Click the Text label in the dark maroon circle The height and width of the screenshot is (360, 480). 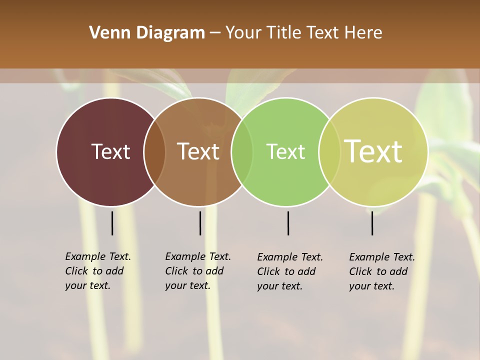pyautogui.click(x=110, y=151)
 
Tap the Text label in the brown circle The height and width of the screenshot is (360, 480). pyautogui.click(x=198, y=151)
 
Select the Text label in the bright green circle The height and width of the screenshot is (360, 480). pyautogui.click(x=285, y=151)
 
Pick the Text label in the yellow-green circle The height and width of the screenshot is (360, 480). pyautogui.click(x=373, y=151)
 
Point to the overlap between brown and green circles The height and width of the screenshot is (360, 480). pyautogui.click(x=242, y=151)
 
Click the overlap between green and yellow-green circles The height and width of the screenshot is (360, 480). pyautogui.click(x=329, y=151)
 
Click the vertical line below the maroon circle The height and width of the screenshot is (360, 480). pyautogui.click(x=112, y=223)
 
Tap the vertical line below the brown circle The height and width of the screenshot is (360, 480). pyautogui.click(x=200, y=223)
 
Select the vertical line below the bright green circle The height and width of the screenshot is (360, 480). pyautogui.click(x=288, y=223)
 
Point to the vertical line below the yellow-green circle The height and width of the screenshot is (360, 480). pyautogui.click(x=372, y=223)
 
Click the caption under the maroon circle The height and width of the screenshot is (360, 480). pyautogui.click(x=97, y=271)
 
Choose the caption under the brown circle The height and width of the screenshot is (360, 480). pyautogui.click(x=197, y=271)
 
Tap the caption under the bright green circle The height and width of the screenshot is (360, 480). pyautogui.click(x=289, y=271)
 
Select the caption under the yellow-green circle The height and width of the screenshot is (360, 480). pyautogui.click(x=381, y=271)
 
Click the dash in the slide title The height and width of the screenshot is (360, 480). pyautogui.click(x=215, y=33)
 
